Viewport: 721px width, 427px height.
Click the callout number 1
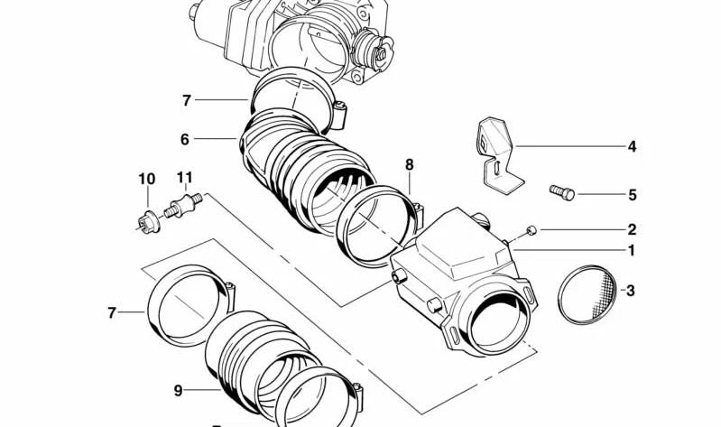[x=632, y=251]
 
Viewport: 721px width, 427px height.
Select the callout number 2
[x=632, y=230]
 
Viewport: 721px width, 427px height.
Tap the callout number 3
[x=631, y=291]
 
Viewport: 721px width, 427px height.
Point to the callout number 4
[x=632, y=146]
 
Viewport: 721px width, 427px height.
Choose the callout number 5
[x=632, y=195]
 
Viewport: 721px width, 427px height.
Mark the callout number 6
[x=185, y=140]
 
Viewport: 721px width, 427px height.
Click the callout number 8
[x=409, y=165]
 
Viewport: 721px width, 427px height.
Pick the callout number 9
[x=178, y=391]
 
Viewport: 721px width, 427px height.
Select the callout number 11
[x=185, y=178]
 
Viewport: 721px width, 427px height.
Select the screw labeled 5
[x=561, y=191]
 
